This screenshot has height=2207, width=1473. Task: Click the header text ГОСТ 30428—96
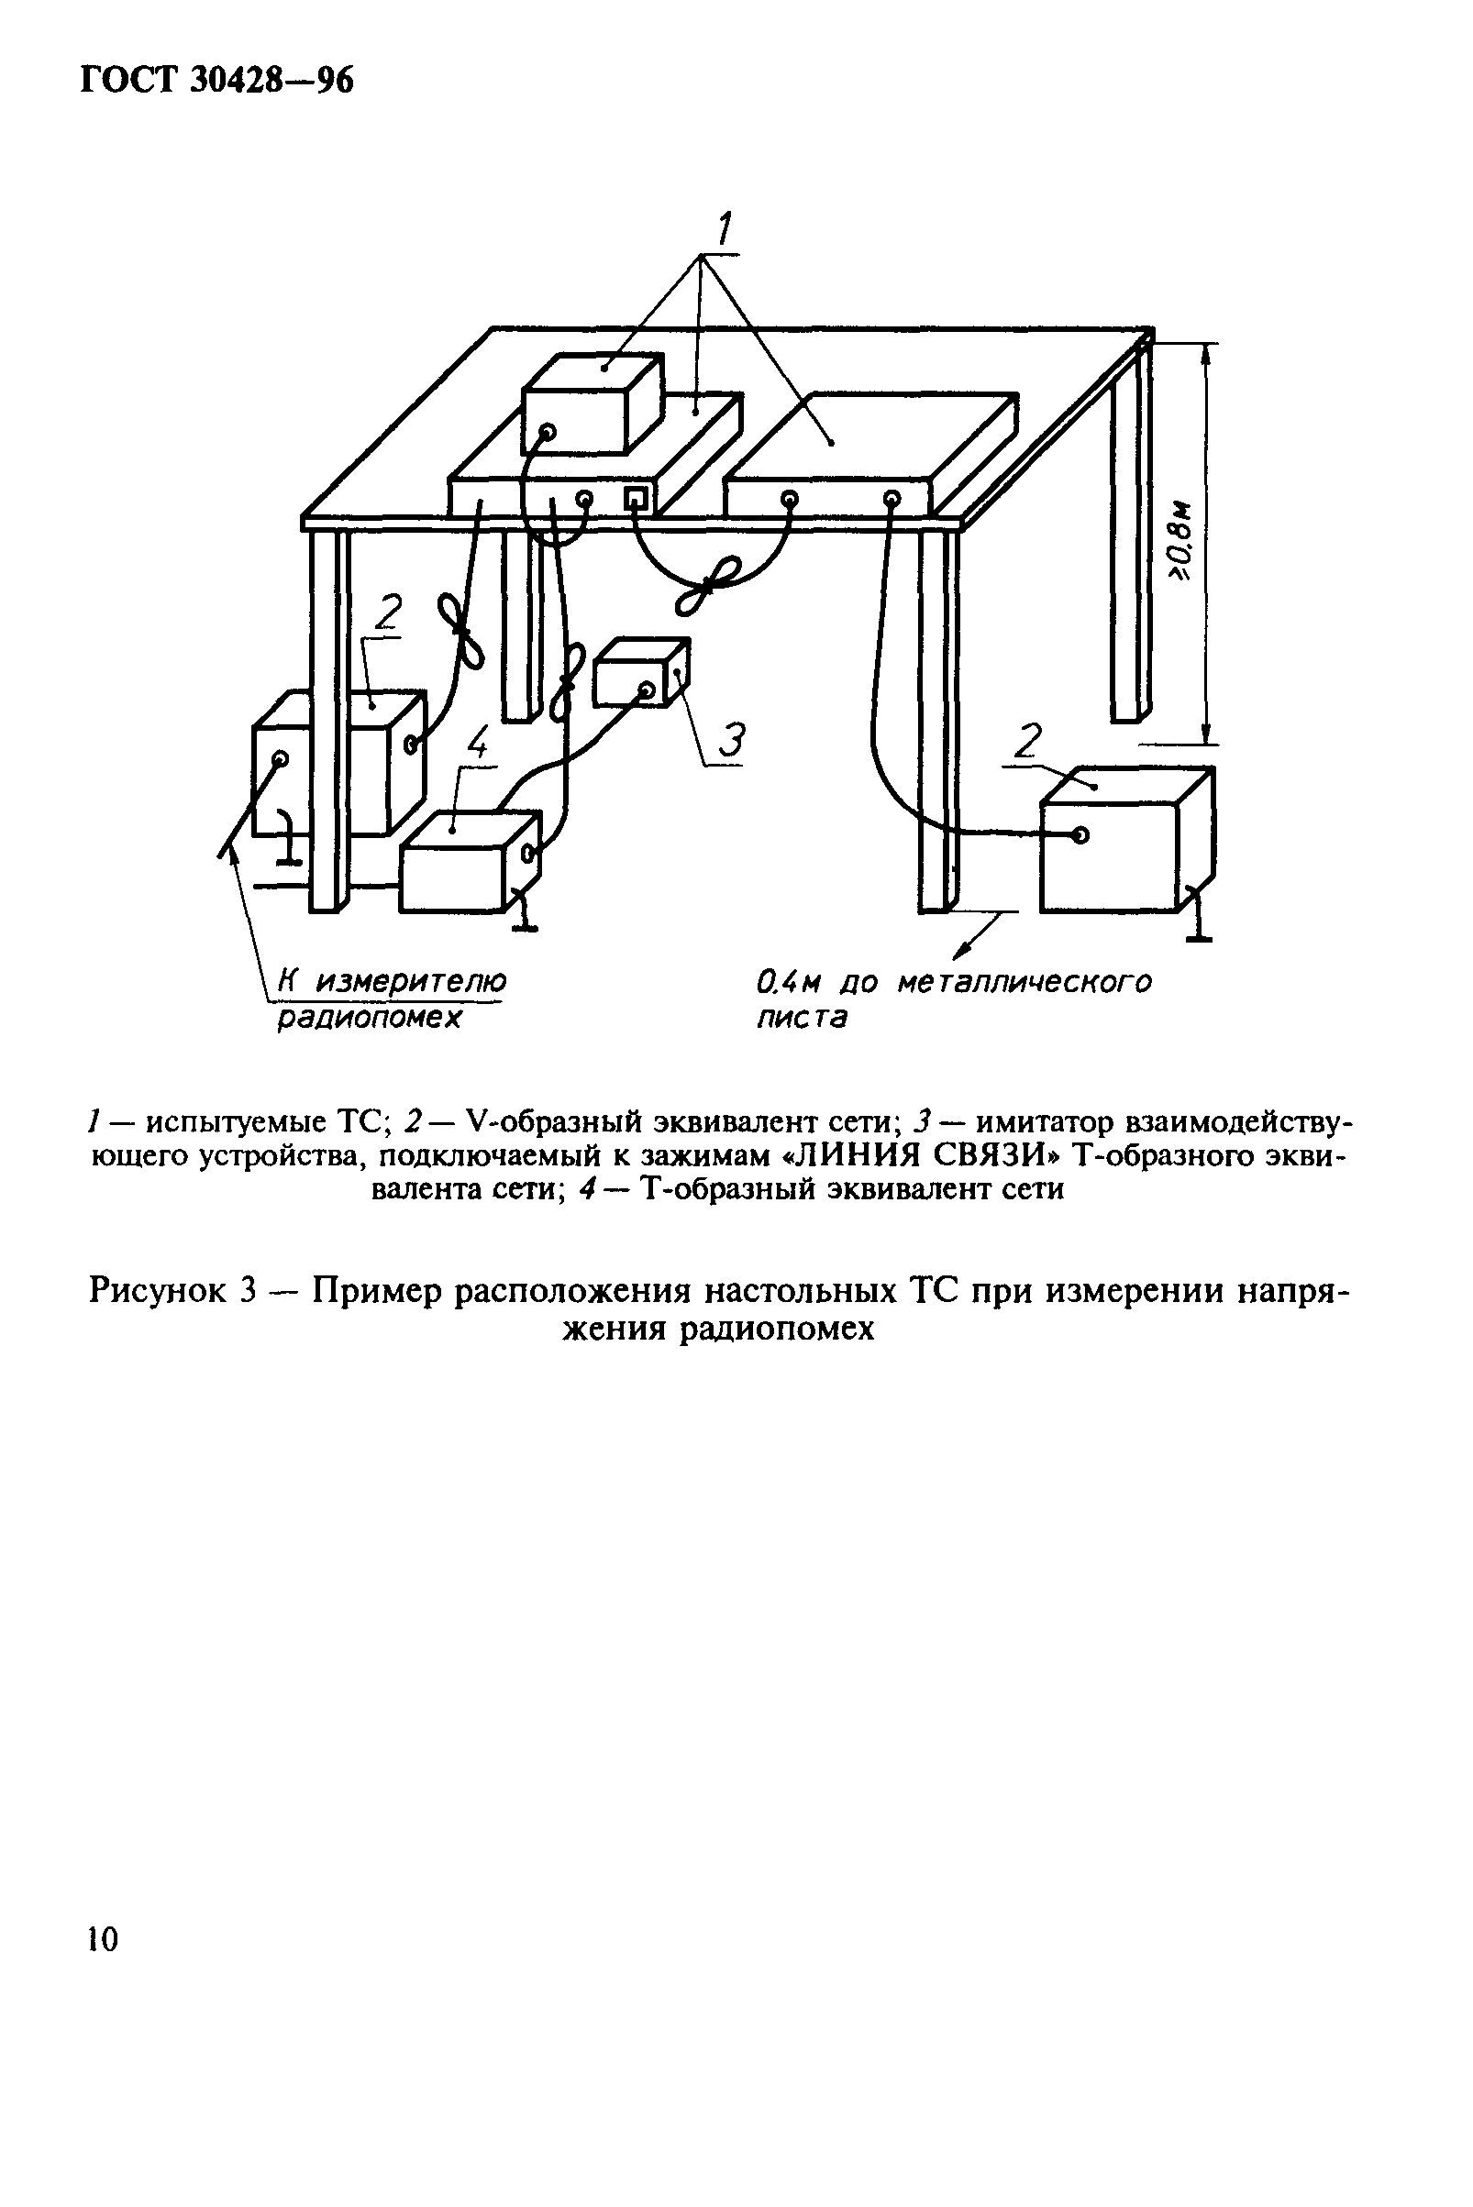point(217,82)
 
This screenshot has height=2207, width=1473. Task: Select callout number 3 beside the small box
point(730,740)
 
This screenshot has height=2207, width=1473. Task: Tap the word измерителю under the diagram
point(411,982)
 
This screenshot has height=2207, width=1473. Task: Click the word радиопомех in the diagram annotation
point(369,1018)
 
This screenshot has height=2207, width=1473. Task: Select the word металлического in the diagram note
point(1024,983)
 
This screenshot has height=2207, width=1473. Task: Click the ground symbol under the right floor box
point(1198,924)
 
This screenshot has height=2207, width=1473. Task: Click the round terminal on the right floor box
point(1080,835)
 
